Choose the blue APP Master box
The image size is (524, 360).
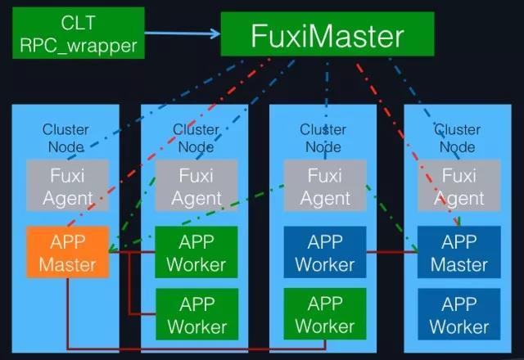[458, 253]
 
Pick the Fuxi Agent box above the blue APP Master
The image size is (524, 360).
[458, 186]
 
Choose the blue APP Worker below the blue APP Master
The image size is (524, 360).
[458, 313]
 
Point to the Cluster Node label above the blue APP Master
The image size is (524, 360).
[457, 137]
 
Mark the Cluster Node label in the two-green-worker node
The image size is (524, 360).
[196, 137]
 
